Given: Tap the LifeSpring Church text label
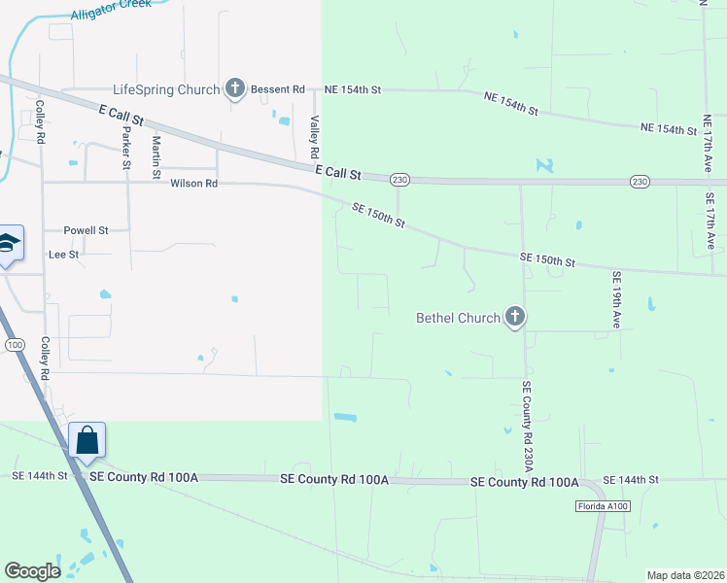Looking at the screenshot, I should coord(166,89).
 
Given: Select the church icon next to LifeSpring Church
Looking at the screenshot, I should coord(234,89).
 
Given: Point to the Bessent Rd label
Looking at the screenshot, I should coord(277,89).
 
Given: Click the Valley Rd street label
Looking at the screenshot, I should coord(314,137).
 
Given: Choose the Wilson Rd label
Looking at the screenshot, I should coord(192,183).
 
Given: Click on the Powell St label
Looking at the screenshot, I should coord(87,230).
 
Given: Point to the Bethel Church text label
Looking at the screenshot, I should coord(458,317).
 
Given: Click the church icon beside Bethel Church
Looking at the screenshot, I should coord(515,317).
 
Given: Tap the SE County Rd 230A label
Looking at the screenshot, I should coord(527,426).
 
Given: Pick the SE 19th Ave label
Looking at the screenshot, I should coord(616,299).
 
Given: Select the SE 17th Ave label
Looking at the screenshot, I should coord(711,219).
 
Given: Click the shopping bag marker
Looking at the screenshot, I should coord(87,440).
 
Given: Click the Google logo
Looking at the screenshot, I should coord(32,571).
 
